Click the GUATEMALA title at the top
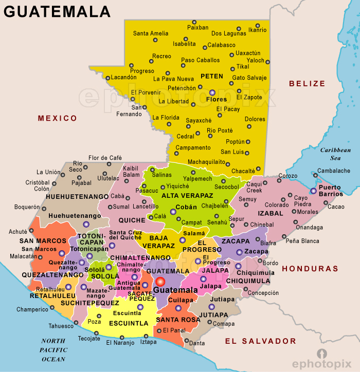(57, 11)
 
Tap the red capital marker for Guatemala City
(160, 282)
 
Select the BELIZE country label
(307, 83)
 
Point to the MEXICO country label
(57, 119)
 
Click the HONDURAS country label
(310, 268)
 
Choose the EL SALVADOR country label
(261, 341)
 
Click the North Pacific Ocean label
(53, 350)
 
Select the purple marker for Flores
(212, 92)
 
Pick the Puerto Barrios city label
(331, 191)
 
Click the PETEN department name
(212, 77)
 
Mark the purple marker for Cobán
(173, 211)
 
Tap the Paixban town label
(197, 28)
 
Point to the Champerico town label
(32, 309)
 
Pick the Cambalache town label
(334, 171)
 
